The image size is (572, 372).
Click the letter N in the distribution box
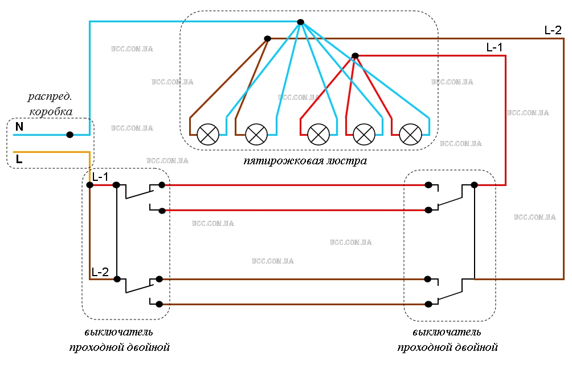pyautogui.click(x=19, y=127)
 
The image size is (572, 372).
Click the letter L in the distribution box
pyautogui.click(x=19, y=160)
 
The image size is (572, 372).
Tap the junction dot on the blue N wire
pyautogui.click(x=70, y=135)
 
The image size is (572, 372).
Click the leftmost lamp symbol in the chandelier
pyautogui.click(x=208, y=135)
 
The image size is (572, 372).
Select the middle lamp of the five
pyautogui.click(x=318, y=135)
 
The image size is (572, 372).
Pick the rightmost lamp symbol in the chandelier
pyautogui.click(x=410, y=135)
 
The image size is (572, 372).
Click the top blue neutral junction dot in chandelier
pyautogui.click(x=300, y=22)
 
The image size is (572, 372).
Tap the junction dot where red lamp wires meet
pyautogui.click(x=355, y=55)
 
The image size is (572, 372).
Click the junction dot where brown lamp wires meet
pyautogui.click(x=267, y=39)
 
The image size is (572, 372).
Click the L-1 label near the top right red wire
pyautogui.click(x=494, y=48)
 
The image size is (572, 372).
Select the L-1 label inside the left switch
pyautogui.click(x=100, y=177)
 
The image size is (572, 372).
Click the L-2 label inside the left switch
pyautogui.click(x=100, y=272)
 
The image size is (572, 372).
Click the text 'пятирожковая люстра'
pyautogui.click(x=305, y=161)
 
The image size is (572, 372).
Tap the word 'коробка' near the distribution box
pyautogui.click(x=51, y=111)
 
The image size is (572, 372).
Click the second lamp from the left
pyautogui.click(x=256, y=135)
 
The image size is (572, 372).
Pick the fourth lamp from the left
pyautogui.click(x=364, y=135)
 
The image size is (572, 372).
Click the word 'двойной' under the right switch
pyautogui.click(x=476, y=346)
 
